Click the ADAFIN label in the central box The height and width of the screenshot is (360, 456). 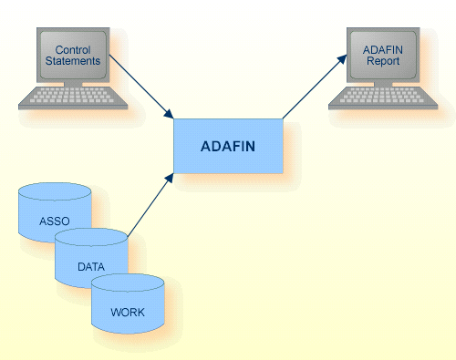click(x=228, y=146)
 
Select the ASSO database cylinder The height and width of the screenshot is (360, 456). click(x=55, y=213)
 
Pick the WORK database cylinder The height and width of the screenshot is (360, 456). click(x=128, y=306)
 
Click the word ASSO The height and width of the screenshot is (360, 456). click(x=54, y=221)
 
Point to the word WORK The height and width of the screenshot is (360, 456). click(x=128, y=313)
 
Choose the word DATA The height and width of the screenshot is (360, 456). click(x=90, y=267)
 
